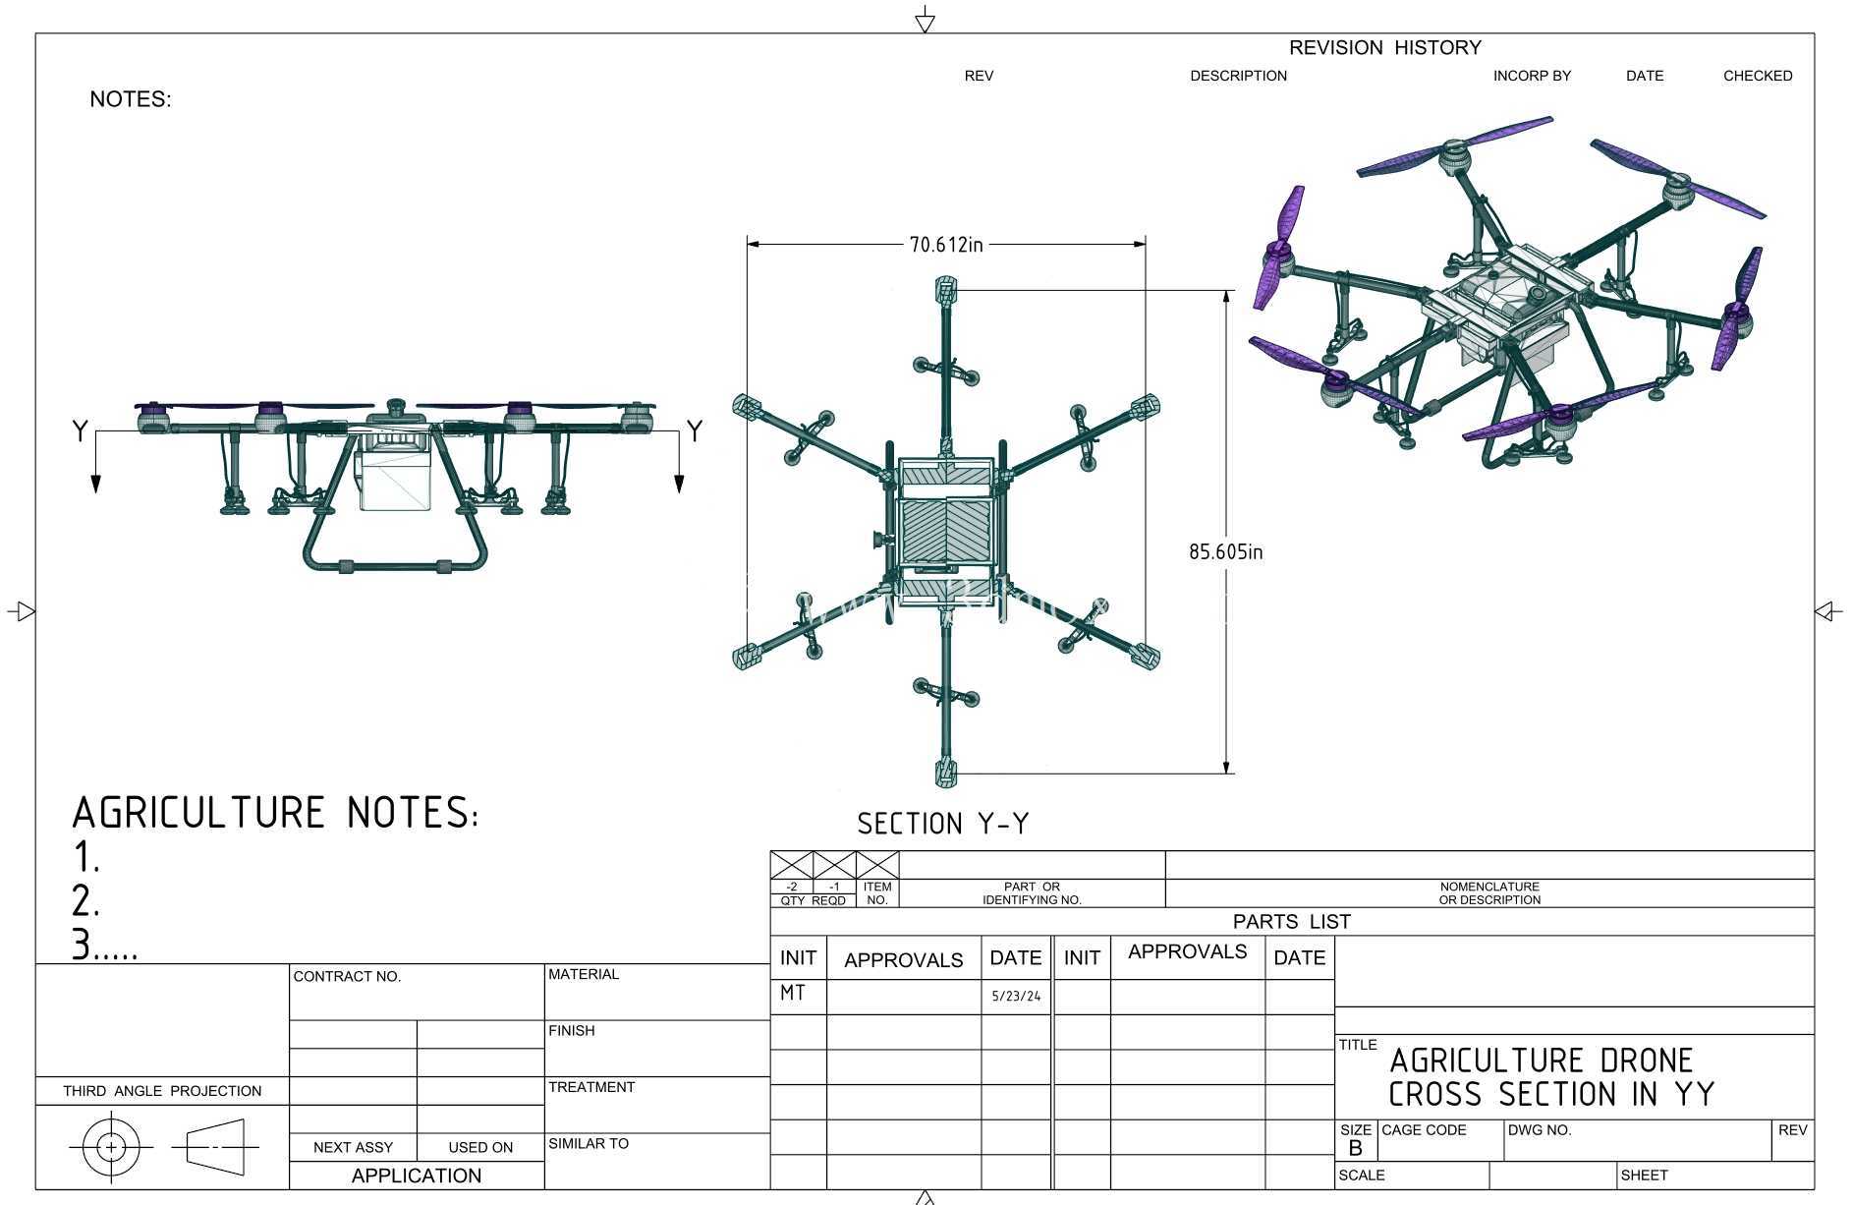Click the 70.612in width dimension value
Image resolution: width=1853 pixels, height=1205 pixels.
945,244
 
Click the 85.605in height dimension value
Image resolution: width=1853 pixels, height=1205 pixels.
1226,551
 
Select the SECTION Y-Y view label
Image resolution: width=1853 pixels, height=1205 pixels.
943,824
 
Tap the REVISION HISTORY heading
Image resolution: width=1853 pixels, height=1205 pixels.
1384,47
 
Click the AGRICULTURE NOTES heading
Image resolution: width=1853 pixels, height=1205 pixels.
276,813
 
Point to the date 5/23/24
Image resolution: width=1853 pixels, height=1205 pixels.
1016,996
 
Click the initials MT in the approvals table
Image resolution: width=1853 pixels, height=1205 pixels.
793,993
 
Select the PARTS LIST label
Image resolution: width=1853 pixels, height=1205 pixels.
1292,922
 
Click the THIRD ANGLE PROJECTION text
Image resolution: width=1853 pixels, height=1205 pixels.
162,1091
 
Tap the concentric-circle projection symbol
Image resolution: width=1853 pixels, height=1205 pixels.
111,1147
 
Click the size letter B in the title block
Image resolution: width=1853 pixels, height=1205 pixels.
1356,1148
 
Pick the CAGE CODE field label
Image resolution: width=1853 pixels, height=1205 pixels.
1424,1130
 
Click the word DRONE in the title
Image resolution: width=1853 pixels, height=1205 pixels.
1647,1061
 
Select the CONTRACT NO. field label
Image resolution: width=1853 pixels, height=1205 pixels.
348,976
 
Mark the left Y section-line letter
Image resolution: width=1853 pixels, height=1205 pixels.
81,430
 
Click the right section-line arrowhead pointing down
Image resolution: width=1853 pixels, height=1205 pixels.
679,483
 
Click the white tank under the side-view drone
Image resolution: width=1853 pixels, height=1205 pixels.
395,477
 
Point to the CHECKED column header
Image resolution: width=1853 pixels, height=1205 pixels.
1758,76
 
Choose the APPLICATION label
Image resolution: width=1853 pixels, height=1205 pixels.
417,1176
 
